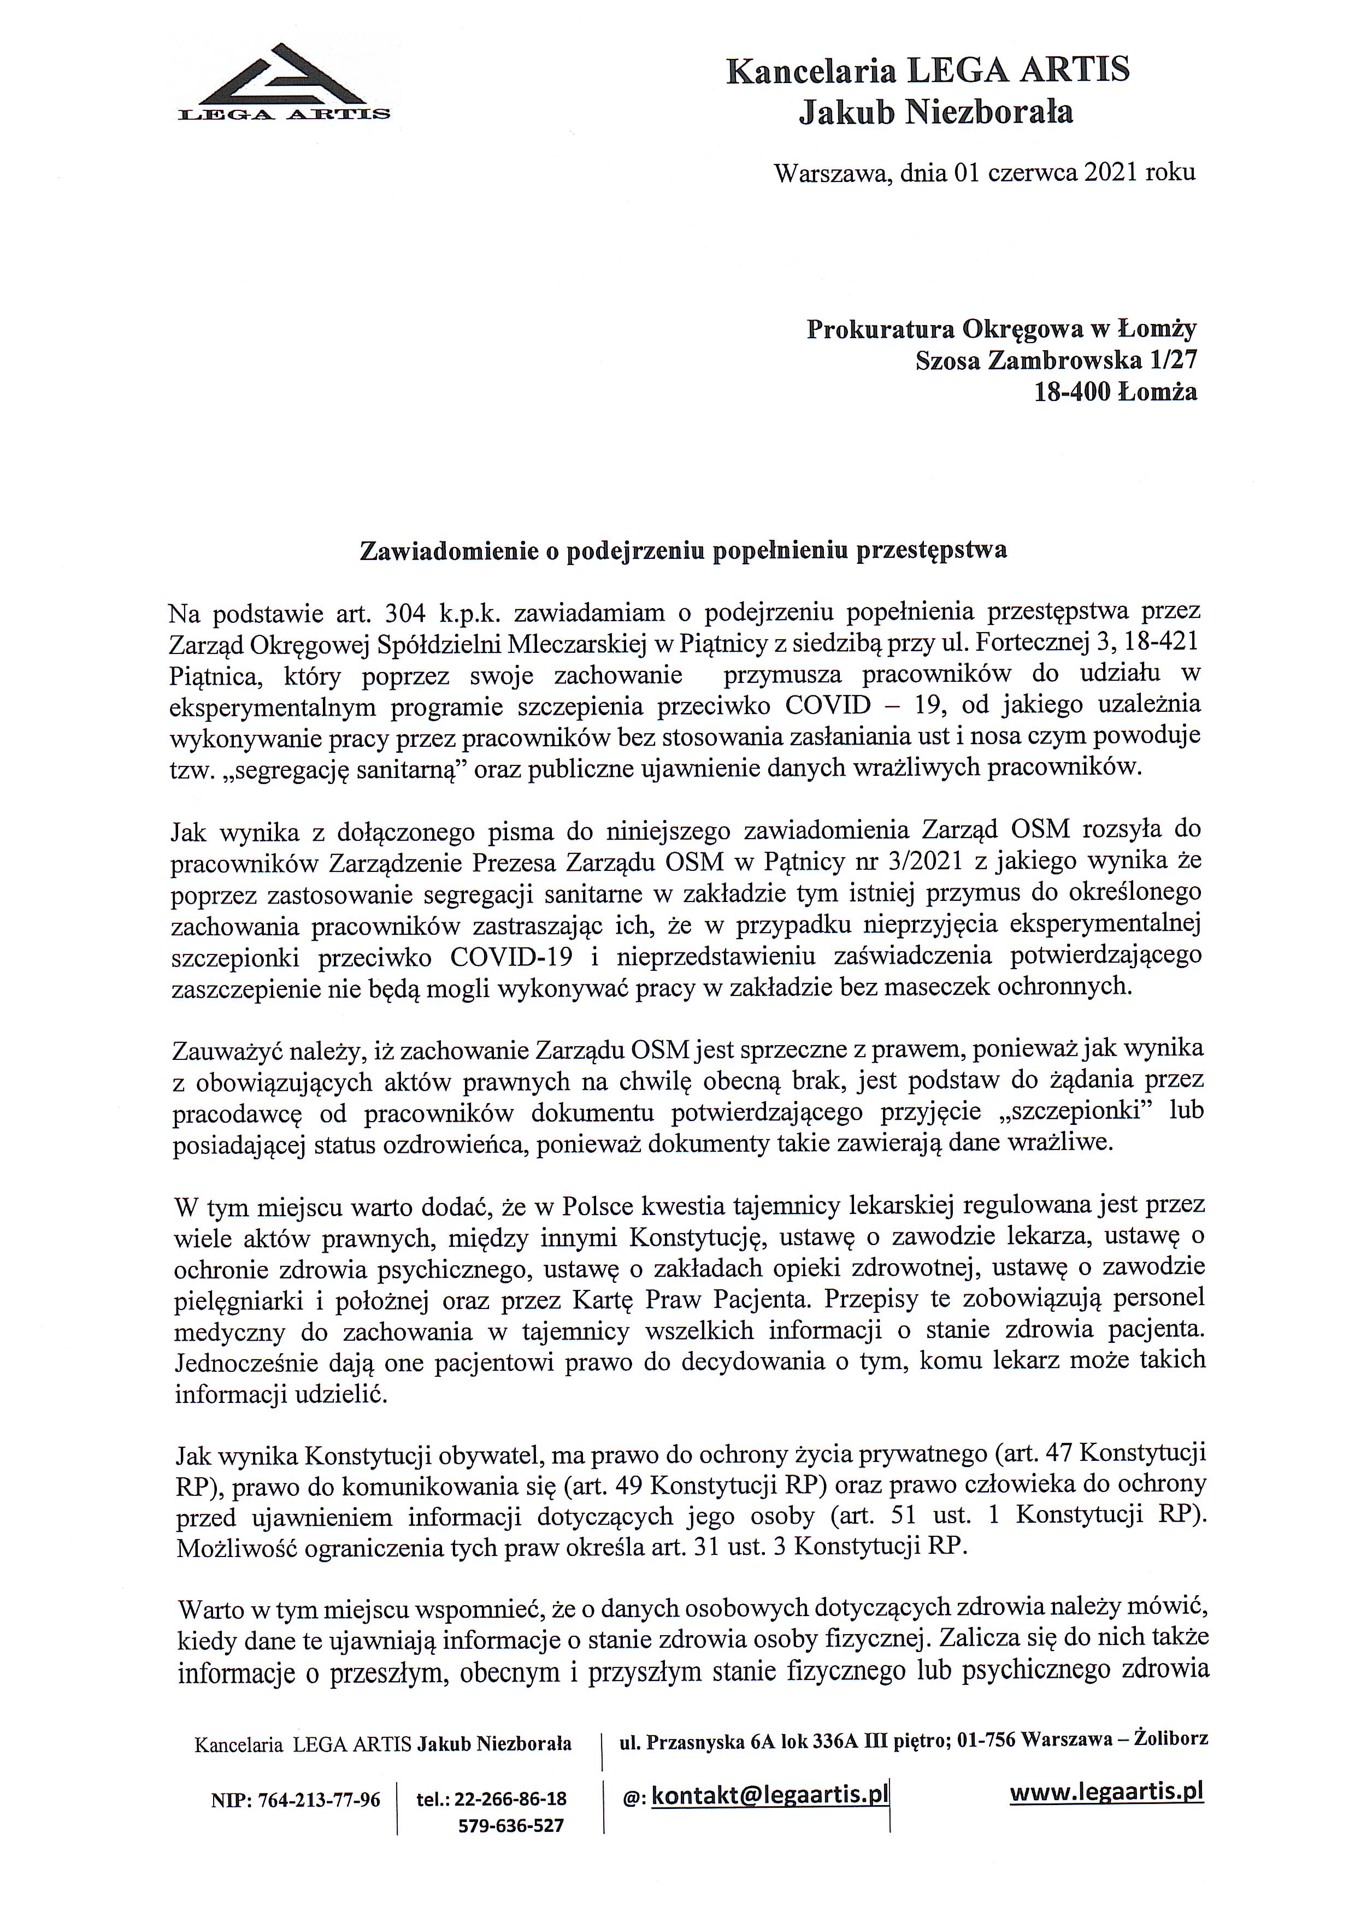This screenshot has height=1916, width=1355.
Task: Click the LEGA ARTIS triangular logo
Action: click(x=284, y=84)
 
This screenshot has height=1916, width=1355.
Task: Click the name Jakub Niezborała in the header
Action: click(x=935, y=112)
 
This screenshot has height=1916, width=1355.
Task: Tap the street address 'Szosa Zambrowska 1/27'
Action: click(x=1056, y=361)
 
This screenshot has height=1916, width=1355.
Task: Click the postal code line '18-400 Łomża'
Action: click(x=1115, y=391)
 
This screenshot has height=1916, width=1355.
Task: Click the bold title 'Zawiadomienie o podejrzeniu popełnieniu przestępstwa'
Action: click(x=682, y=551)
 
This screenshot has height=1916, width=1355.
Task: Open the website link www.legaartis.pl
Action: click(x=1106, y=1791)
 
